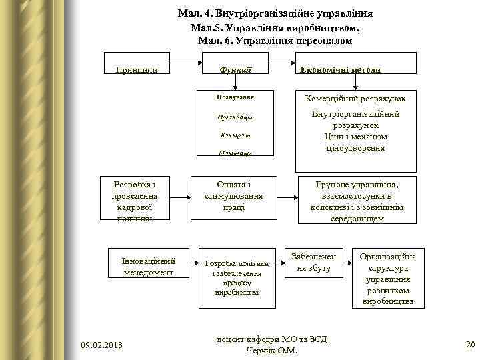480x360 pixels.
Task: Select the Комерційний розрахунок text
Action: coord(355,99)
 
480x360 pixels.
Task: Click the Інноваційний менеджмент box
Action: coord(148,267)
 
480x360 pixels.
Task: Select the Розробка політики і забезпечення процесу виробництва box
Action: coord(236,277)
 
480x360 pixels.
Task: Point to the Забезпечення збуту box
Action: coord(313,262)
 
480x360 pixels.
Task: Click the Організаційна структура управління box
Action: coord(387,278)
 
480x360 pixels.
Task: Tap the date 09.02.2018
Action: coord(101,344)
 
